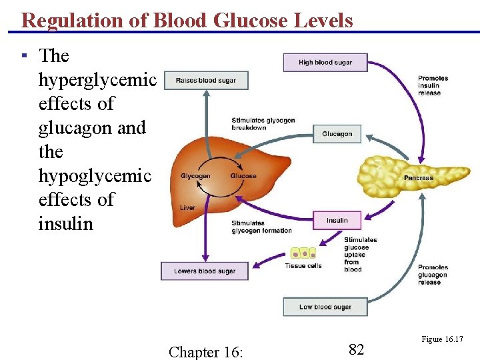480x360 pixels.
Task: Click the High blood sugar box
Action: [325, 63]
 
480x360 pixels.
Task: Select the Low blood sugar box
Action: [325, 307]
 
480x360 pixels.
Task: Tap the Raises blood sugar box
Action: [205, 81]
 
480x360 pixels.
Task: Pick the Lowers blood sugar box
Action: [204, 271]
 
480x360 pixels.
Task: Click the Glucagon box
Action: [337, 134]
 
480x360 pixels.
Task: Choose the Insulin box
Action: [337, 221]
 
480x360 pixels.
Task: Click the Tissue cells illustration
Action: [303, 253]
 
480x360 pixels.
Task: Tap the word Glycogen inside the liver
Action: [195, 176]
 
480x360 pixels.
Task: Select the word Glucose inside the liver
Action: [243, 176]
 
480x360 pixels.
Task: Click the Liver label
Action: [187, 208]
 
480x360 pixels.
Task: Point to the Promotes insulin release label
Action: [433, 85]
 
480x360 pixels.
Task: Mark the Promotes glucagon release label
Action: [433, 275]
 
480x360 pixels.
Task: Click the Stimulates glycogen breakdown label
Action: [263, 124]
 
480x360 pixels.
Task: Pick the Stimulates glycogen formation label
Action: [261, 227]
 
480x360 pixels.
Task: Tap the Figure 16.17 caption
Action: [442, 340]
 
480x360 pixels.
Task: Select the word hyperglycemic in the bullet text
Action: [97, 80]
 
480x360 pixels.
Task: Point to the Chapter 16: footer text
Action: [206, 351]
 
